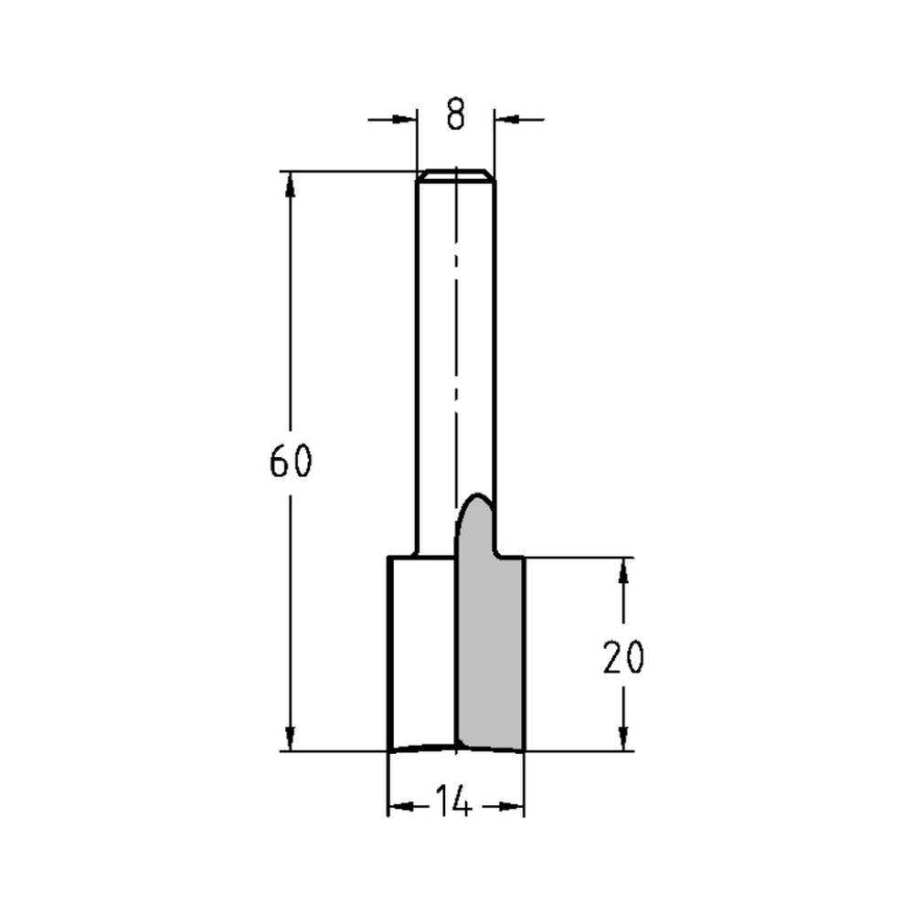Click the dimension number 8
click(x=456, y=115)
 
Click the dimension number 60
click(x=291, y=462)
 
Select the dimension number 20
click(x=624, y=657)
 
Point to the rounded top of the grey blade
click(x=475, y=501)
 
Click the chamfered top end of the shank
click(x=455, y=174)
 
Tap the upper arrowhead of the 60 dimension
click(x=291, y=183)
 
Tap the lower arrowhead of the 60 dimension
click(x=291, y=739)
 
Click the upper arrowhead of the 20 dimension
click(x=624, y=570)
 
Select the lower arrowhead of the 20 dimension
click(x=624, y=739)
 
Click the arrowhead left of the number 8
click(x=406, y=118)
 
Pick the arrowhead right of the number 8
click(x=505, y=118)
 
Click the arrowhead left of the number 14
click(x=399, y=806)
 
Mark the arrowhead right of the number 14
click(x=514, y=806)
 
